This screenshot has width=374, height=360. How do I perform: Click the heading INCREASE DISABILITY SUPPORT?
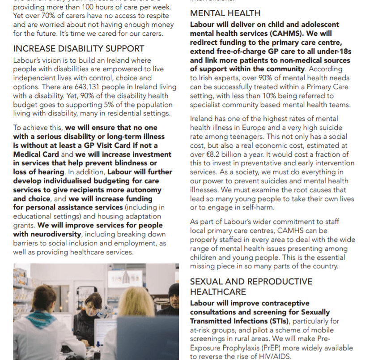point(79,49)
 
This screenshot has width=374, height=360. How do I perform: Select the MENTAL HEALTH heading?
point(225,13)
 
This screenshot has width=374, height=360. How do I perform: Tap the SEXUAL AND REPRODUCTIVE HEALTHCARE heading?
point(251,287)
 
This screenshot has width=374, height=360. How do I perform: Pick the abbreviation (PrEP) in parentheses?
point(272,348)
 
